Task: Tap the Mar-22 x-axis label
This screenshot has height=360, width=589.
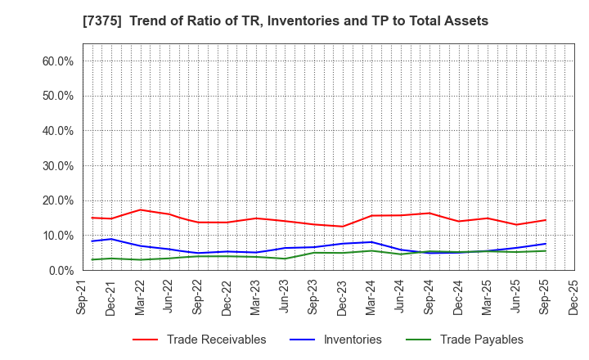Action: click(141, 296)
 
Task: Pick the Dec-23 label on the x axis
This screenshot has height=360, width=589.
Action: click(343, 296)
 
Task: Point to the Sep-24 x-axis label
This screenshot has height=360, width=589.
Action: click(429, 296)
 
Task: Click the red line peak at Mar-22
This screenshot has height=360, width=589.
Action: click(141, 209)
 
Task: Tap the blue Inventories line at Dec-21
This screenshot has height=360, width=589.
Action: click(112, 239)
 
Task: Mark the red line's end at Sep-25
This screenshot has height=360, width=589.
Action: click(546, 219)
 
